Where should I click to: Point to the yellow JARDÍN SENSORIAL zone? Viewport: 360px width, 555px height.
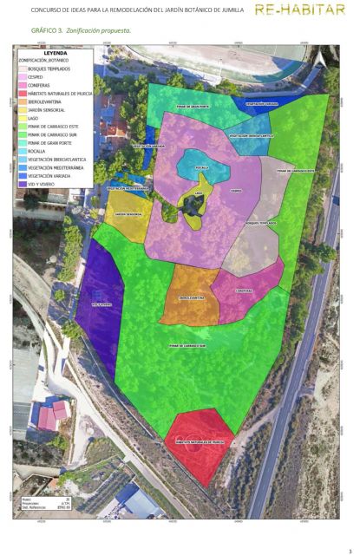tap(128, 213)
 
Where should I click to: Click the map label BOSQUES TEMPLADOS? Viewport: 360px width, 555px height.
tap(261, 223)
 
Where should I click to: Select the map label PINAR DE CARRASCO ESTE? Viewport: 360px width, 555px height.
tap(296, 171)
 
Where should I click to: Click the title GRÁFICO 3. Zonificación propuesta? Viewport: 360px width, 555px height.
tap(81, 30)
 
